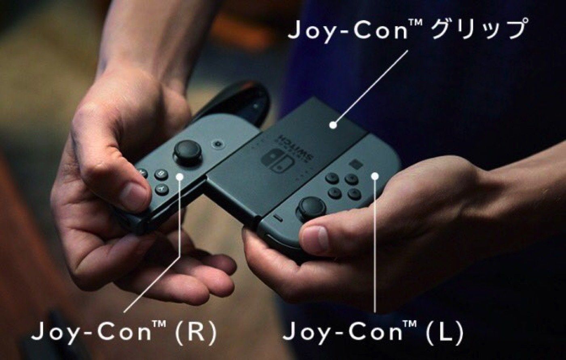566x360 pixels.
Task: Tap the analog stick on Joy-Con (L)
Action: tap(312, 207)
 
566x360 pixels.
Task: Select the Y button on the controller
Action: tap(162, 189)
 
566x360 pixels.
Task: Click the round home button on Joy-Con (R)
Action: tap(219, 144)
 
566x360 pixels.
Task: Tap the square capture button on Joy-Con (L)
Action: tap(355, 164)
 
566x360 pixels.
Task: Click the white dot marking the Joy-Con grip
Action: tap(333, 125)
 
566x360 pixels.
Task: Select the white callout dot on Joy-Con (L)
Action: tap(375, 176)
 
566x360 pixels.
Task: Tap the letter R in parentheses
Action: tap(196, 332)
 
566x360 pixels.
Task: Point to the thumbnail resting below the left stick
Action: tap(315, 238)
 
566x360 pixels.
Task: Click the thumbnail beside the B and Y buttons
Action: tap(133, 196)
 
